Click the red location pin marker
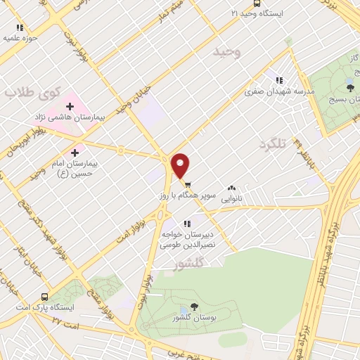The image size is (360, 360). coord(181,165)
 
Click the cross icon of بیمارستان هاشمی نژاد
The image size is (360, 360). coord(70,105)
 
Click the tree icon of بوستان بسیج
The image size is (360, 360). coord(350,88)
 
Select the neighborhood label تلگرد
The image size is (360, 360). coord(274,144)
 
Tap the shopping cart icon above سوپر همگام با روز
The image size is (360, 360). coord(186,179)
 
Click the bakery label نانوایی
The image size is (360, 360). coord(233,200)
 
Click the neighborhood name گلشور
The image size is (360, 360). coord(187,264)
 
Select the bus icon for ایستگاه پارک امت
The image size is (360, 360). coord(45,296)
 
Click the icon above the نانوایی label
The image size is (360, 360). coord(232,188)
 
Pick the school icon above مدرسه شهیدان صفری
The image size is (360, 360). coord(279,80)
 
